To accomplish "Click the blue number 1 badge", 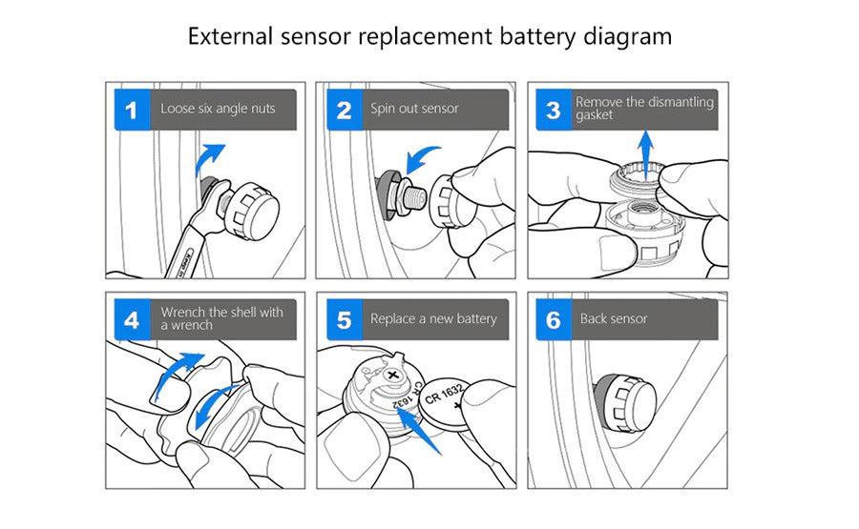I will click(x=133, y=110).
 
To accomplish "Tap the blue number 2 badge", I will click(x=344, y=110).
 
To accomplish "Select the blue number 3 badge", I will click(x=554, y=110).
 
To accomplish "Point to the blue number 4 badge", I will click(x=133, y=319).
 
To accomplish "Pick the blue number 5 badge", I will click(x=344, y=319).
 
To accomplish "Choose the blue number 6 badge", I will click(x=554, y=319).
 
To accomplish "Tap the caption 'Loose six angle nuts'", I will click(x=218, y=109).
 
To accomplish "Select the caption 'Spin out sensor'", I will click(x=414, y=109).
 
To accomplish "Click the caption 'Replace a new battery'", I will click(x=433, y=318).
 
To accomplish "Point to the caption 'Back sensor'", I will click(x=614, y=318).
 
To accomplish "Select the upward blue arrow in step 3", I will click(x=645, y=153).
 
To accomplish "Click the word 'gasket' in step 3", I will click(x=595, y=116).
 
